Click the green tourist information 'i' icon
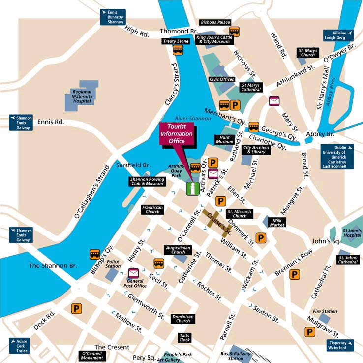(x=193, y=189)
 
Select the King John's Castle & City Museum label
(x=213, y=39)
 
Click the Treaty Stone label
(x=176, y=41)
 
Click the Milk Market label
(x=277, y=222)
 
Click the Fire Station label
(x=326, y=311)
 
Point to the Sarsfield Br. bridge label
(x=133, y=166)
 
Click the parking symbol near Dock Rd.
(x=76, y=308)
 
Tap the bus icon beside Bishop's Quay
(x=95, y=254)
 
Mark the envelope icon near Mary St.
(x=274, y=101)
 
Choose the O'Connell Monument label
(x=91, y=356)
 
